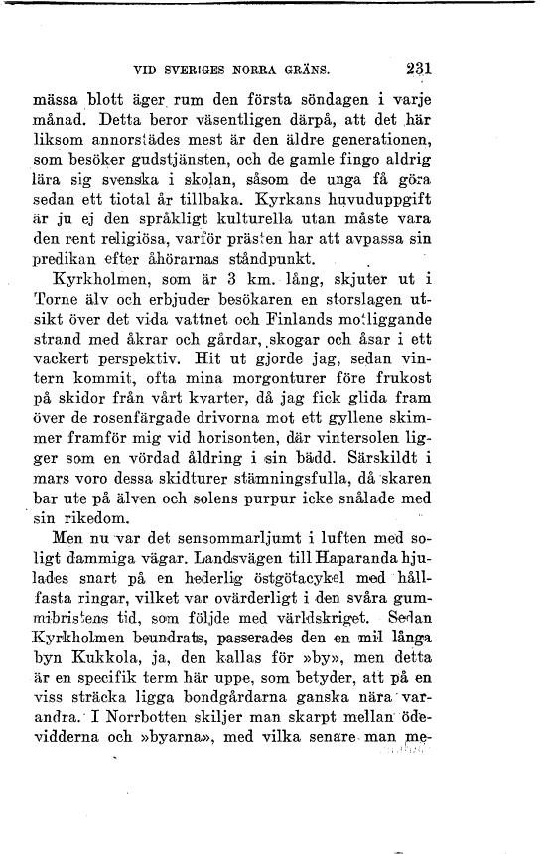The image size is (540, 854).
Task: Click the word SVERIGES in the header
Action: pos(200,71)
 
